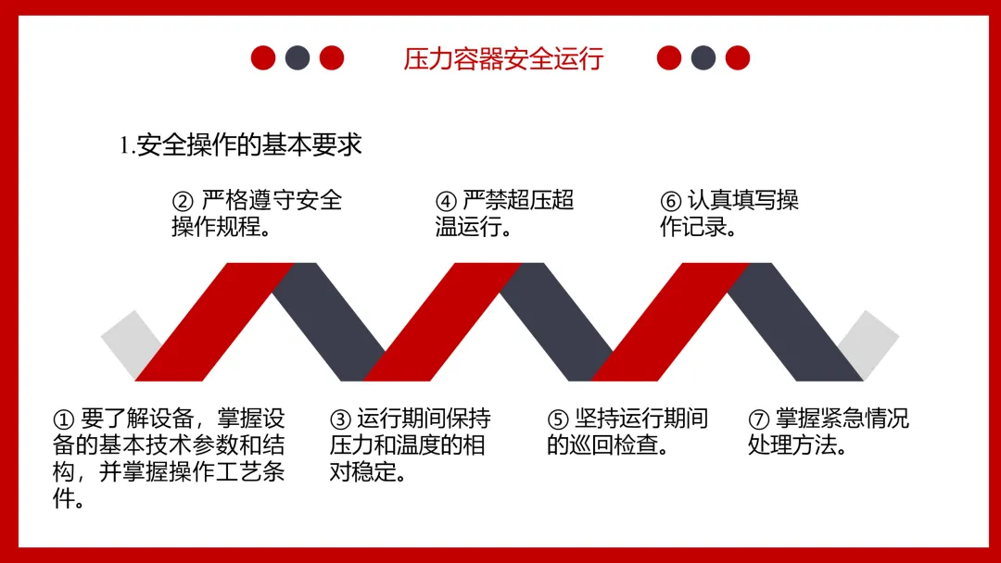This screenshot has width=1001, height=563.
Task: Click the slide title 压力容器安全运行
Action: [x=503, y=58]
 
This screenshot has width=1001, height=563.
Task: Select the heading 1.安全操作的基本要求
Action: [x=240, y=145]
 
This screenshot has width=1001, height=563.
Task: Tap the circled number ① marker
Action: [x=63, y=419]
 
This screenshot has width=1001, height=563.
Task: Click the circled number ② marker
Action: [x=183, y=201]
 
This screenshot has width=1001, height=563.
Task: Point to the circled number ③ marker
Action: [x=340, y=419]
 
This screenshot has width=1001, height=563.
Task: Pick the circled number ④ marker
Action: [x=446, y=201]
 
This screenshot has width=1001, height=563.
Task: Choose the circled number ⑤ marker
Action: [x=557, y=419]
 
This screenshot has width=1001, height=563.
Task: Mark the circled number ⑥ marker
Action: [x=670, y=201]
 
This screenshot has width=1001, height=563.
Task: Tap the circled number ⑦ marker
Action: [x=758, y=419]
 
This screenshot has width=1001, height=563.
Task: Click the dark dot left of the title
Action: [x=298, y=58]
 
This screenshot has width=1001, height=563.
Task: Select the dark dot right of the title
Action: [x=703, y=58]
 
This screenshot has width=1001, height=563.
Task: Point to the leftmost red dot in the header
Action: [x=263, y=58]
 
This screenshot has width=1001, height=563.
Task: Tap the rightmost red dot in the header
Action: [x=738, y=58]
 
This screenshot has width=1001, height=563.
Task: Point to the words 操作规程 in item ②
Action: [x=212, y=227]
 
